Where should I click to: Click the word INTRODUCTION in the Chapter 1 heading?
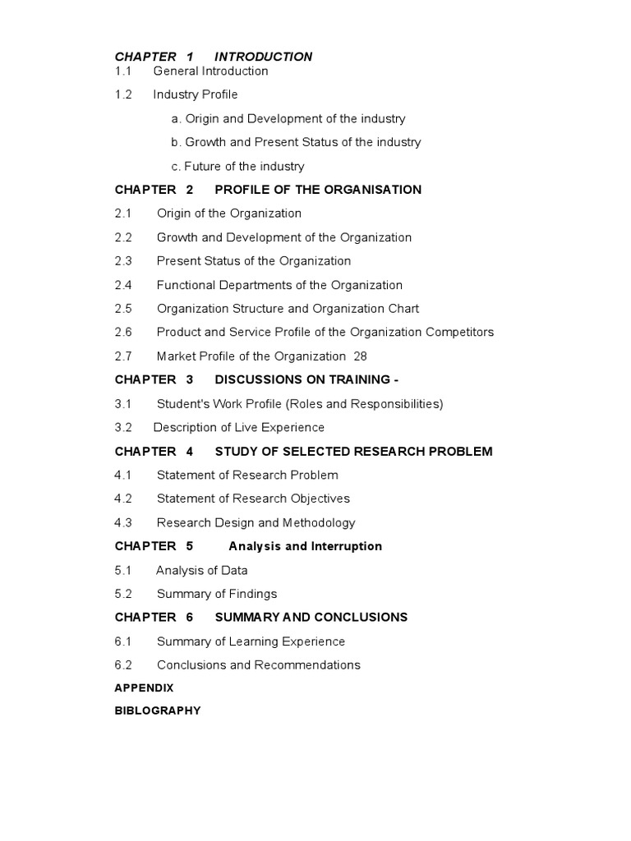pyautogui.click(x=263, y=57)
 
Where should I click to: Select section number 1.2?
pyautogui.click(x=123, y=94)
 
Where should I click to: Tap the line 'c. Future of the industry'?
pyautogui.click(x=237, y=166)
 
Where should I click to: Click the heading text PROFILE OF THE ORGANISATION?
pyautogui.click(x=318, y=190)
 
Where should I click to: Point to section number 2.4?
pyautogui.click(x=123, y=285)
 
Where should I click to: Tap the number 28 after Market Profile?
pyautogui.click(x=360, y=356)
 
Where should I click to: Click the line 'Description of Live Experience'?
pyautogui.click(x=239, y=428)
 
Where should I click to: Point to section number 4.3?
pyautogui.click(x=123, y=523)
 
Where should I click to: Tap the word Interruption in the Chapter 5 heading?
pyautogui.click(x=347, y=546)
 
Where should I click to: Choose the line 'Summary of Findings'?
pyautogui.click(x=217, y=594)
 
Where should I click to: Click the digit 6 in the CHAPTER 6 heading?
pyautogui.click(x=190, y=618)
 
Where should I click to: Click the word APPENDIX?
pyautogui.click(x=144, y=688)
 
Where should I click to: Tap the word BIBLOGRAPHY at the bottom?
pyautogui.click(x=158, y=711)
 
